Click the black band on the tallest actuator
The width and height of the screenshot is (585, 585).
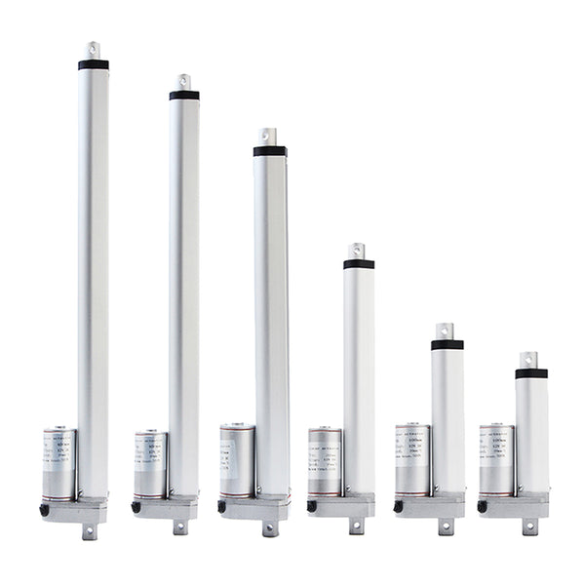(94, 65)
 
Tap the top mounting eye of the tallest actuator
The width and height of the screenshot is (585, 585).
(94, 48)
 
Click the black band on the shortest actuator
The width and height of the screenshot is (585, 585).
(531, 373)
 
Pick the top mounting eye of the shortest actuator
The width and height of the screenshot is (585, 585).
(528, 359)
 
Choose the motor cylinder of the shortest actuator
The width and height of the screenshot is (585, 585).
(496, 457)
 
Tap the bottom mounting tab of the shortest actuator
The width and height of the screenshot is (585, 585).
(529, 527)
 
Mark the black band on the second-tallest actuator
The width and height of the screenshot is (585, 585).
(184, 96)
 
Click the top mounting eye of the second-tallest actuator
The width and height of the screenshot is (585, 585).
(183, 80)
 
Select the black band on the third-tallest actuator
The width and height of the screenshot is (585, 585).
(270, 151)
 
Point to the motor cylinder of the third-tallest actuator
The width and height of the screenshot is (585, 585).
(237, 459)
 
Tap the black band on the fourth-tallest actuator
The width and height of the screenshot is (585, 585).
(359, 264)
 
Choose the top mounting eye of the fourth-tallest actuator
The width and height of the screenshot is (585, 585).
(358, 250)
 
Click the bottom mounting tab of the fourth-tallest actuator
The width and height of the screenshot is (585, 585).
(357, 527)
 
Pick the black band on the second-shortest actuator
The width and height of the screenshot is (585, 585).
(448, 344)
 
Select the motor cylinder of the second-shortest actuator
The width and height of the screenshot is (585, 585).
(412, 458)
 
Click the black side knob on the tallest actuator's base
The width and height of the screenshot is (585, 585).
(45, 510)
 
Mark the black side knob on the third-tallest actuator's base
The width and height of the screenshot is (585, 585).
(222, 507)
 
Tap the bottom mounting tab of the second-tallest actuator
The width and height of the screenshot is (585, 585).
(180, 527)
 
